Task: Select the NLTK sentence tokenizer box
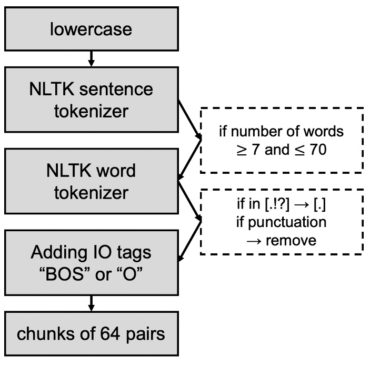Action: pyautogui.click(x=91, y=100)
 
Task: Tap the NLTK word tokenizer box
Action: pyautogui.click(x=91, y=181)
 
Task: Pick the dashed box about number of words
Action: pyautogui.click(x=282, y=140)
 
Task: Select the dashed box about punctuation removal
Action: pyautogui.click(x=282, y=222)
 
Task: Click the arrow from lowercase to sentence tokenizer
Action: pyautogui.click(x=91, y=58)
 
